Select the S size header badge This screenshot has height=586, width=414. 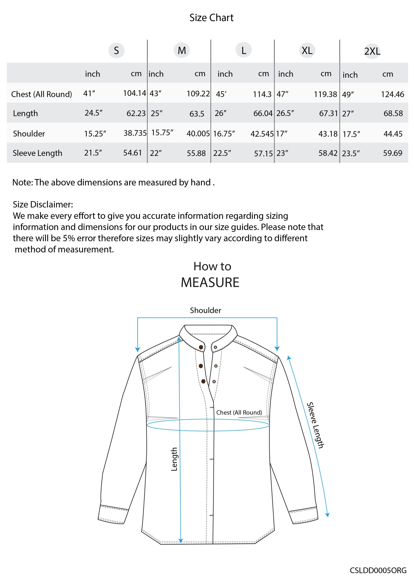[116, 51]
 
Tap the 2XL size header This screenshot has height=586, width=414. [372, 51]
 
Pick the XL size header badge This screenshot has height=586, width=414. [307, 51]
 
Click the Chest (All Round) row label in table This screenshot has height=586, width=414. [42, 94]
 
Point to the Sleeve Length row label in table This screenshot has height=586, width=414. [38, 153]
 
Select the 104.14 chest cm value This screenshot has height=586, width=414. [134, 93]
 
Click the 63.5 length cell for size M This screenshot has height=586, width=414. [197, 114]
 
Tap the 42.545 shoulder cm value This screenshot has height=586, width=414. [262, 134]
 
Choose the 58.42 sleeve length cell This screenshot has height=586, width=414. [328, 153]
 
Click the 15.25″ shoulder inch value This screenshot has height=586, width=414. [95, 133]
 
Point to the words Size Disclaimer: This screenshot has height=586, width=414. [43, 204]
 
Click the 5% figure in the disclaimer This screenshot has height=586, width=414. [69, 238]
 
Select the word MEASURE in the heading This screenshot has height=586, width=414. [210, 282]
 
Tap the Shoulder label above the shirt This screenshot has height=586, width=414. [205, 310]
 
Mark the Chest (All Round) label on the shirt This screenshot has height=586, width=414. [239, 412]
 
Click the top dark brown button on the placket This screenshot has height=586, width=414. [201, 347]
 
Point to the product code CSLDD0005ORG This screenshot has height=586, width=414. [378, 570]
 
